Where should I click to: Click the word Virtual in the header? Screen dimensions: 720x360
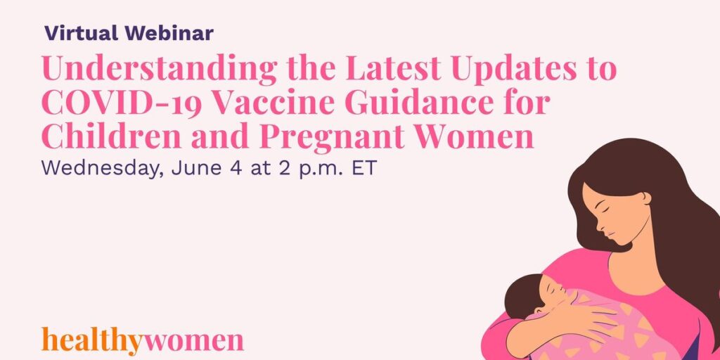point(82,34)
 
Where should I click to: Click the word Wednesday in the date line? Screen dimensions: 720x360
point(103,169)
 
